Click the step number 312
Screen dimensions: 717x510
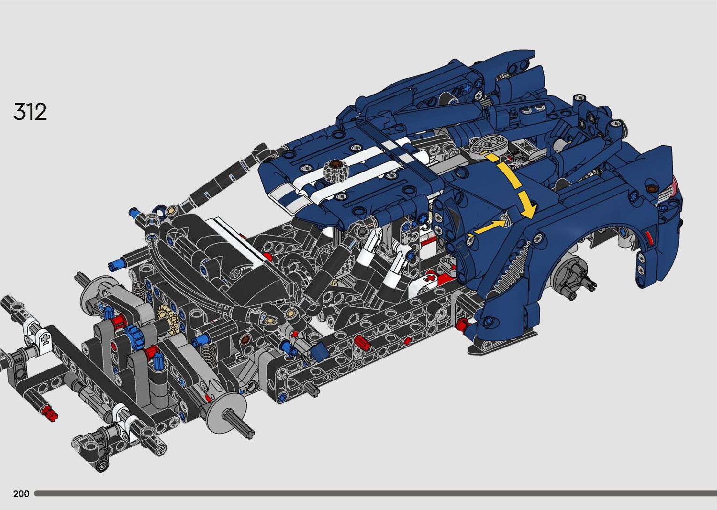[x=30, y=112]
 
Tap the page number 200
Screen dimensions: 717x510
[x=21, y=493]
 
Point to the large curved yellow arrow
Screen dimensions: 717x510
[x=512, y=182]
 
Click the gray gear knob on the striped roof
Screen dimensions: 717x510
[x=335, y=170]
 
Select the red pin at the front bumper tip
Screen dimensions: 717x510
[x=49, y=413]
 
